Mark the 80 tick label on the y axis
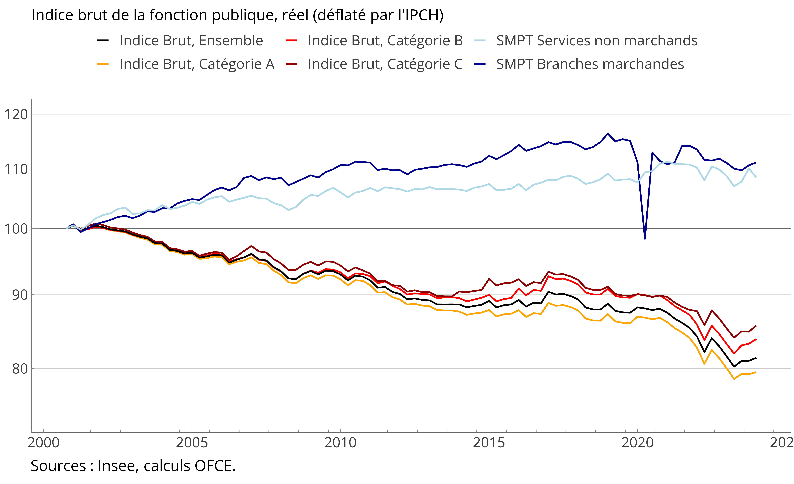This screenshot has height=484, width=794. pos(20,369)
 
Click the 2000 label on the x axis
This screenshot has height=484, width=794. pos(43,443)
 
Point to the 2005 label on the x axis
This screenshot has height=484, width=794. pos(192,443)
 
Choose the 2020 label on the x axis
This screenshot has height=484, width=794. pos(637,443)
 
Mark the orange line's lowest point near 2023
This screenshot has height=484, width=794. pos(734,379)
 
